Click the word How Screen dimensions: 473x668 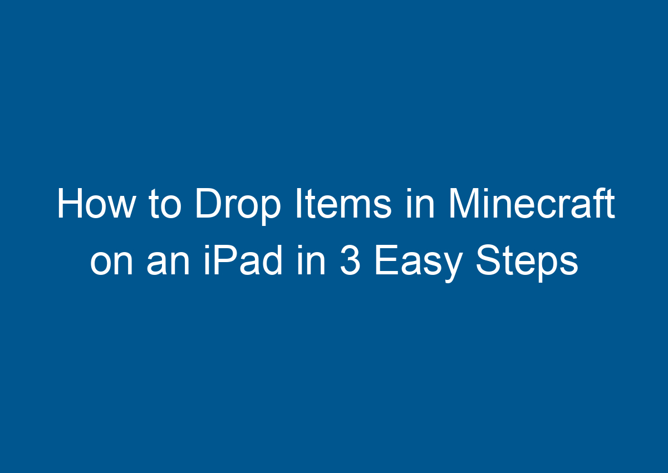(x=95, y=205)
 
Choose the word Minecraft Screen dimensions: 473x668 (x=531, y=205)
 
